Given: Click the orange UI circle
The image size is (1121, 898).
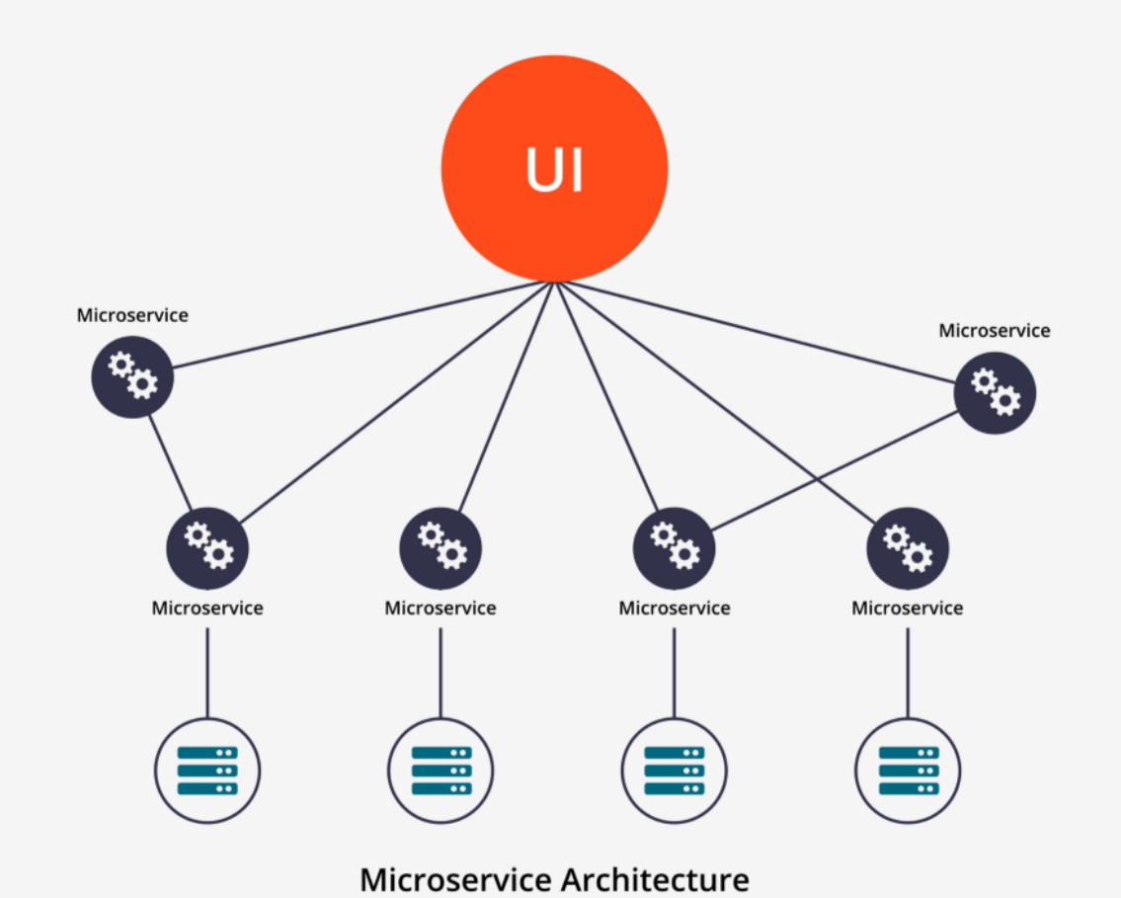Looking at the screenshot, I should click(x=554, y=168).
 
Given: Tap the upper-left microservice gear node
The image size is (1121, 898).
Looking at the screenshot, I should click(x=132, y=376).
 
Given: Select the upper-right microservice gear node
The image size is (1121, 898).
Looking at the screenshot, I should click(x=995, y=393).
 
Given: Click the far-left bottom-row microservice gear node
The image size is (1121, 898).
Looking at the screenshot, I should click(x=207, y=547).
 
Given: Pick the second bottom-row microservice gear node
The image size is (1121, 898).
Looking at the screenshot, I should click(x=440, y=547).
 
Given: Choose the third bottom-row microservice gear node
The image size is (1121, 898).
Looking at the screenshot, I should click(x=674, y=547).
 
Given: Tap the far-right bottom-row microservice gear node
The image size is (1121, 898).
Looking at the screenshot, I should click(x=907, y=547).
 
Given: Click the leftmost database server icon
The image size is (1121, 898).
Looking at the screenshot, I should click(x=207, y=771).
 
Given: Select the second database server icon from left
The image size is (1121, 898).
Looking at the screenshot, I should click(x=440, y=771).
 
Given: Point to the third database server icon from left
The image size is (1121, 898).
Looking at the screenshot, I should click(x=674, y=771).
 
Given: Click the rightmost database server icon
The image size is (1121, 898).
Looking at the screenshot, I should click(x=908, y=771).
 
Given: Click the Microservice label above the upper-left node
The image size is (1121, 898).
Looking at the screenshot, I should click(x=132, y=316).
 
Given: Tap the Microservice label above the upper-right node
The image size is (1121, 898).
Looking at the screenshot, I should click(x=995, y=331).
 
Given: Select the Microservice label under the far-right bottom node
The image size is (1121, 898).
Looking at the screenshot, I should click(x=907, y=609).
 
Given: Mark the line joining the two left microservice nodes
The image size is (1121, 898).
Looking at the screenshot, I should click(x=169, y=461).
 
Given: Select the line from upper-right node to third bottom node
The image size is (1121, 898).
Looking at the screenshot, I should click(x=835, y=470).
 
